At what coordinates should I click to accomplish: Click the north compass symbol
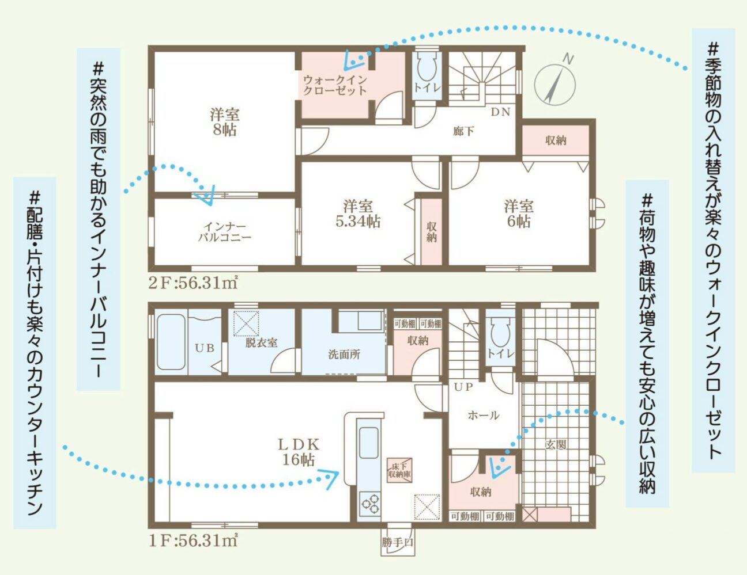tap(555, 84)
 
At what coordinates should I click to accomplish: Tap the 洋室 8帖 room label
tap(225, 122)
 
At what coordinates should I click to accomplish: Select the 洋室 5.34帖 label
tap(358, 214)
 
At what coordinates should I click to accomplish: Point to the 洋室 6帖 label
tap(519, 214)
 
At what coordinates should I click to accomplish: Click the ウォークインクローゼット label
tap(335, 85)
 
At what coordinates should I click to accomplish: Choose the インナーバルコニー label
tap(225, 232)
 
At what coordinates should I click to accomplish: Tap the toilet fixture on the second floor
tap(427, 67)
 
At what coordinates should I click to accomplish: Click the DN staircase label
tap(500, 112)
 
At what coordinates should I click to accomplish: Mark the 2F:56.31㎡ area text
tap(193, 283)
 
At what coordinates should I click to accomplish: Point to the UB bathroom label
tap(205, 348)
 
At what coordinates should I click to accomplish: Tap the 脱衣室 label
tap(261, 342)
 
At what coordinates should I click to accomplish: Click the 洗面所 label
tap(344, 355)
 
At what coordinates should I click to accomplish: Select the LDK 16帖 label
tap(299, 452)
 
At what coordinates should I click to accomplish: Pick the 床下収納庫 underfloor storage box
tap(399, 470)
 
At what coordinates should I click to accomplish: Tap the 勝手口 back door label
tap(398, 543)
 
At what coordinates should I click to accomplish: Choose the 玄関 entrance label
tap(556, 445)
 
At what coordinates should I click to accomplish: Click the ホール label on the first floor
tap(484, 416)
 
